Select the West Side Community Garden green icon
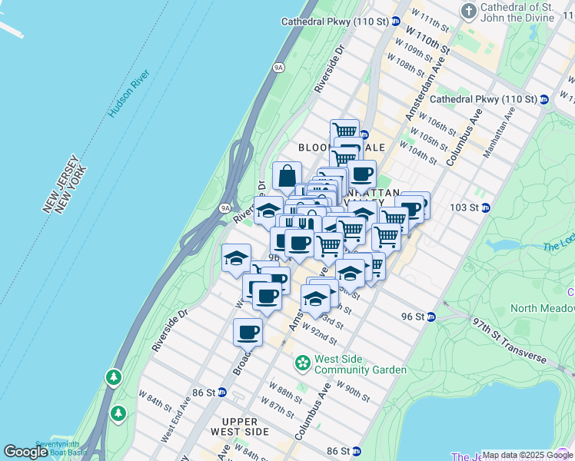pos(303,361)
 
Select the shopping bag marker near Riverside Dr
pos(287,176)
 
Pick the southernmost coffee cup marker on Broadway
pos(248,332)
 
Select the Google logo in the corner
pos(25,452)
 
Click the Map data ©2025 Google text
pos(527,455)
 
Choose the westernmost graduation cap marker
pos(236,258)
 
